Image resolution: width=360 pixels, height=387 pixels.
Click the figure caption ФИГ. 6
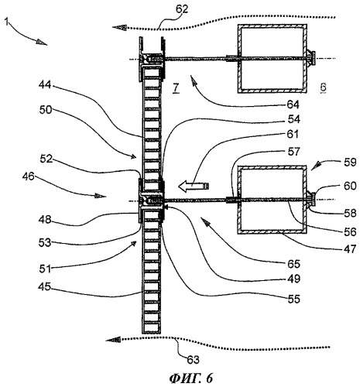click(x=191, y=378)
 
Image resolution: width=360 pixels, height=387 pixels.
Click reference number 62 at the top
click(x=182, y=9)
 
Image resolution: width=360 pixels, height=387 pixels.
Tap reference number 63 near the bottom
click(x=194, y=359)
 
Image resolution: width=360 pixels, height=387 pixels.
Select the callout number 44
click(x=46, y=84)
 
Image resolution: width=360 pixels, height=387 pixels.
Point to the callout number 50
click(x=46, y=110)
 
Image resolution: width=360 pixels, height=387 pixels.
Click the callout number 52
click(x=46, y=159)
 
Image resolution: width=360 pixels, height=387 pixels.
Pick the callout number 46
click(x=29, y=176)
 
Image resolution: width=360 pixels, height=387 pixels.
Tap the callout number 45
click(x=44, y=286)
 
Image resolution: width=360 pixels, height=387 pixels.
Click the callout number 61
click(x=293, y=134)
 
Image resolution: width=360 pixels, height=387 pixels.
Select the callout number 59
click(x=350, y=163)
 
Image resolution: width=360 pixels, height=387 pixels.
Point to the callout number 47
click(x=350, y=249)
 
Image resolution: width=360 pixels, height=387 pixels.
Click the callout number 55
click(x=294, y=299)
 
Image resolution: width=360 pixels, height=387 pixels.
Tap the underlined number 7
click(x=176, y=88)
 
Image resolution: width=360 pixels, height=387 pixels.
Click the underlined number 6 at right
click(x=323, y=87)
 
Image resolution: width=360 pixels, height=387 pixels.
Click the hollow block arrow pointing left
click(x=194, y=186)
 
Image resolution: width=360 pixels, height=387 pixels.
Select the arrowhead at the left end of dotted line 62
click(x=119, y=27)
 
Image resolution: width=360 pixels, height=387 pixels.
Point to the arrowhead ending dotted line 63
click(x=113, y=341)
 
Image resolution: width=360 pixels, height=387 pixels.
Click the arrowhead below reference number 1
click(x=42, y=42)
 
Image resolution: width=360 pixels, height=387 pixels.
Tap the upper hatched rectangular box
click(x=273, y=59)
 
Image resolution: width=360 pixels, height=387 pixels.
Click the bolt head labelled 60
click(x=314, y=199)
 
